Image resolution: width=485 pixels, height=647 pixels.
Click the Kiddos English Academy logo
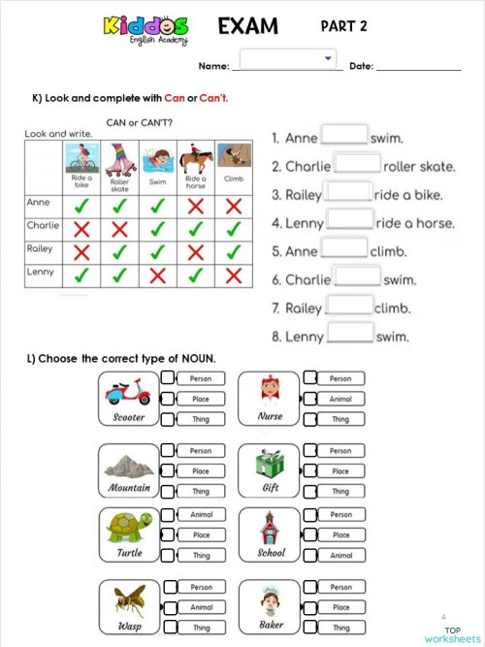(x=145, y=28)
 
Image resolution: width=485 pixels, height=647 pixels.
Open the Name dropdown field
(x=287, y=59)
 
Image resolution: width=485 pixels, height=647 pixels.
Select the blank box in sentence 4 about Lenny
(x=350, y=221)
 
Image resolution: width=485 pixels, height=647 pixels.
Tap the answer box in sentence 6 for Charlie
(x=357, y=277)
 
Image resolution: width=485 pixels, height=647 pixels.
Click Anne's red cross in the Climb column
(x=232, y=206)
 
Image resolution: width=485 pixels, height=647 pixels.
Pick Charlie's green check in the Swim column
(x=157, y=229)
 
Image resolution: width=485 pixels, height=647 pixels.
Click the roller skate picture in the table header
(x=119, y=158)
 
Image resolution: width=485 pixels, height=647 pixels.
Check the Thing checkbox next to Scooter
(x=169, y=419)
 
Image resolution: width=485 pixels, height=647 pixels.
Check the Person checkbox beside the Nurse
(x=309, y=378)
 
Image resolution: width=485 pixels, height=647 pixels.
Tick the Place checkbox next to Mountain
(x=169, y=470)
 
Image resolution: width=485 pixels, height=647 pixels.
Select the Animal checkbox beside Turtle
(x=169, y=515)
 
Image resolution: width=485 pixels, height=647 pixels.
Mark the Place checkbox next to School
(x=309, y=535)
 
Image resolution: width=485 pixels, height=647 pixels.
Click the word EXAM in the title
(x=250, y=26)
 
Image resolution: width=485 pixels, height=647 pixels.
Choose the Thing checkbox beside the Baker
(x=309, y=628)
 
